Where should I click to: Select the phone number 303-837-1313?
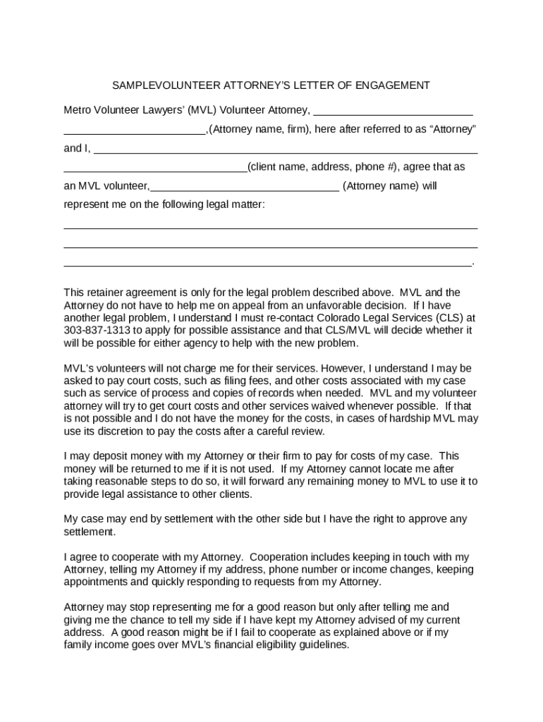click(96, 330)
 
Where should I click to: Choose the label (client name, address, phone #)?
click(324, 167)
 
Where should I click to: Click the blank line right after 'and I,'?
click(286, 149)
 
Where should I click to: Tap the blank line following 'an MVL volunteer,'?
click(245, 188)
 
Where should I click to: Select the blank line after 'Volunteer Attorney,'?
click(392, 111)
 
